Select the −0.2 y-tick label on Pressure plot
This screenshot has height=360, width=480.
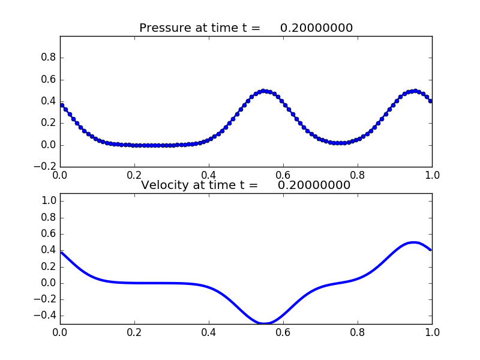point(44,167)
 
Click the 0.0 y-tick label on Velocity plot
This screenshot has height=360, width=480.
point(48,283)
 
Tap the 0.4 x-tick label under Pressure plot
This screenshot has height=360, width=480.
point(209,175)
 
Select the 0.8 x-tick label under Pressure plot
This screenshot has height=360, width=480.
point(358,175)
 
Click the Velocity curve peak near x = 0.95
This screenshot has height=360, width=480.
point(413,242)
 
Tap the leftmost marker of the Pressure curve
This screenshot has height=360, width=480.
point(61,105)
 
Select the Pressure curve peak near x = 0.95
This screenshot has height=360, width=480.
point(415,91)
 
